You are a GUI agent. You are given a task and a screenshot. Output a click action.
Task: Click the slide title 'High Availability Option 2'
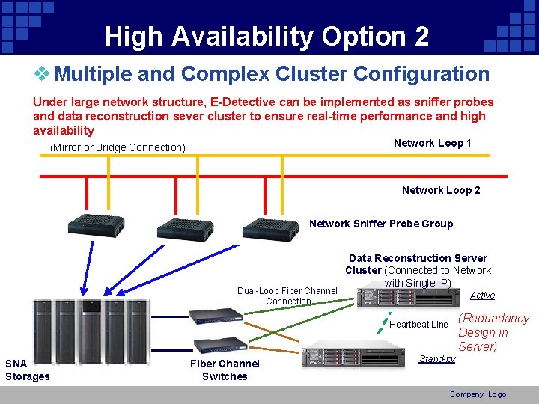coord(267,36)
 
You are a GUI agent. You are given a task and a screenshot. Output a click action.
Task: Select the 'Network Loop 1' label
coord(432,143)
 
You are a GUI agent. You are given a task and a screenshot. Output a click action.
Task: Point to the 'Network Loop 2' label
coord(441,190)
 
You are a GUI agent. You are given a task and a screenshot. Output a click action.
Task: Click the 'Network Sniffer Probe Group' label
coord(381,224)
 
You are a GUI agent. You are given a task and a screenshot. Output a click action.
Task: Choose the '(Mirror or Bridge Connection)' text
coord(118,147)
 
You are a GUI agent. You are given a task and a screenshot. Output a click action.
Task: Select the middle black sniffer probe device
coord(177,227)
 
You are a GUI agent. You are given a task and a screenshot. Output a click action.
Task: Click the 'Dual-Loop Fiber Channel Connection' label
coord(287,296)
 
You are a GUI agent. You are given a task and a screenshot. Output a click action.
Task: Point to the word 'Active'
coord(482,296)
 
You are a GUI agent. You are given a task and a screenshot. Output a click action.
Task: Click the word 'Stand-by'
coord(437,359)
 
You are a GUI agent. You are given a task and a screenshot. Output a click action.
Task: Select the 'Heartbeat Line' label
coord(418,325)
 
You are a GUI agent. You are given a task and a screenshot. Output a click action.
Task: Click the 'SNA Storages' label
coord(27,370)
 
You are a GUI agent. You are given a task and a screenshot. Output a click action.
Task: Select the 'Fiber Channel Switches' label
coord(225,370)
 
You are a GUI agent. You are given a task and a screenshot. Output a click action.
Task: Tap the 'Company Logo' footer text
coord(478,394)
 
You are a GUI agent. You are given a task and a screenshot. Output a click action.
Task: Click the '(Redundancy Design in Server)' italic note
coord(493,332)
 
